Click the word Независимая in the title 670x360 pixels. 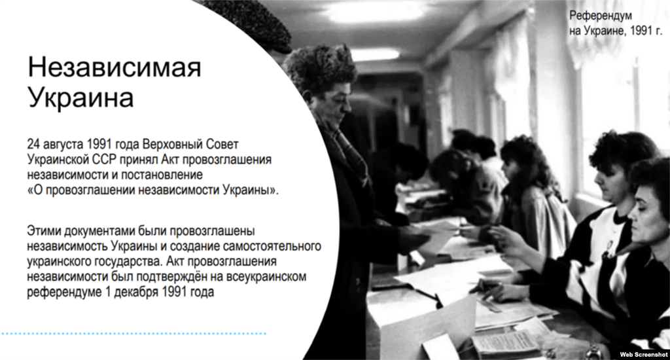[114, 67]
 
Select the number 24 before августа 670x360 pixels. [33, 143]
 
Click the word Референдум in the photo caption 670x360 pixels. [601, 15]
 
